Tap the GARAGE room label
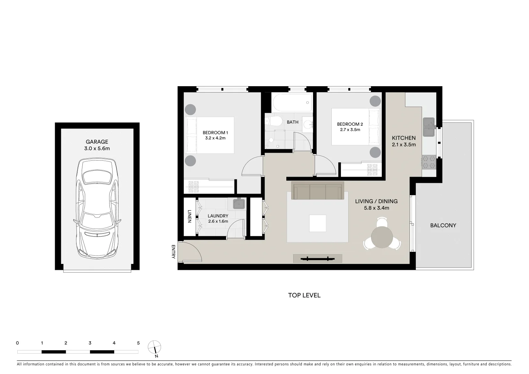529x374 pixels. [x=97, y=142]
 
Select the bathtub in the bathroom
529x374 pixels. [x=292, y=103]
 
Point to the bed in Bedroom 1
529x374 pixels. [x=209, y=135]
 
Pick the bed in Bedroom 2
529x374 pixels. [x=356, y=127]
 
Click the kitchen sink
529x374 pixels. [x=429, y=127]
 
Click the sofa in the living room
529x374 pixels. [x=318, y=191]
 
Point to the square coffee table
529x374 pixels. [x=317, y=223]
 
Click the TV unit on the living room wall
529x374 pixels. [x=317, y=258]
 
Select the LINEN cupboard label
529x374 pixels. [x=189, y=216]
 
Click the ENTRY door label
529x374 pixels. [x=173, y=252]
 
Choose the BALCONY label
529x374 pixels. [x=443, y=225]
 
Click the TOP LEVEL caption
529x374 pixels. [x=304, y=295]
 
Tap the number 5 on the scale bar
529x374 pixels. [x=138, y=343]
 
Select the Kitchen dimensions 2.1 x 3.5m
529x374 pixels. [x=404, y=145]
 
